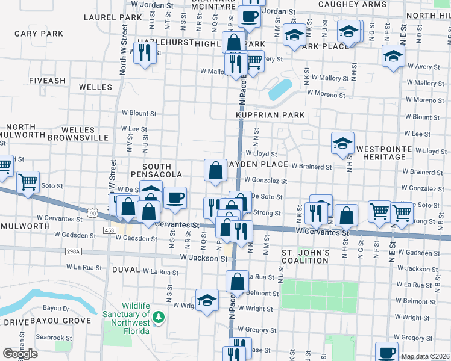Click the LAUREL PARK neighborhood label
(x=105, y=17)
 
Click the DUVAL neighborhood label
(x=125, y=270)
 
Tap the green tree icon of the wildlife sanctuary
(x=159, y=316)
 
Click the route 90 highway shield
(x=92, y=213)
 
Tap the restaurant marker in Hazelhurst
(x=143, y=53)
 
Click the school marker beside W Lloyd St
(x=342, y=143)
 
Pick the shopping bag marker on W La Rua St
(x=238, y=281)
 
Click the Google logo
(x=20, y=353)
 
